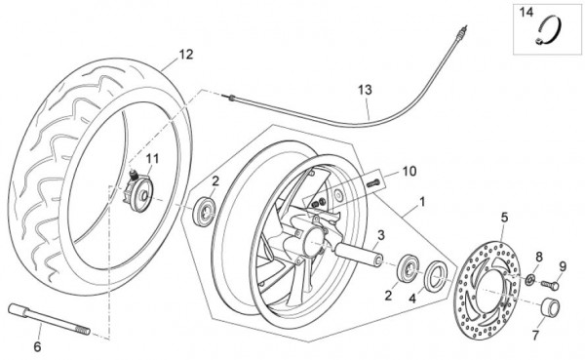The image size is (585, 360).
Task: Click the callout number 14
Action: click(526, 13)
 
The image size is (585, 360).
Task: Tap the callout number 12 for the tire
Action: click(186, 55)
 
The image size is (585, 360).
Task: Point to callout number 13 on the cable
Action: click(365, 90)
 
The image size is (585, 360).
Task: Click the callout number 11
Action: click(152, 159)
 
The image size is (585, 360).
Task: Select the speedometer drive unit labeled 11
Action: click(137, 191)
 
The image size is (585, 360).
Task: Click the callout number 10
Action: click(409, 172)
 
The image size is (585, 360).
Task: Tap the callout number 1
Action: click(422, 202)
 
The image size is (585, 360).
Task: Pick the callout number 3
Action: click(380, 235)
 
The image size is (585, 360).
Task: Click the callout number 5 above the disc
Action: click(504, 217)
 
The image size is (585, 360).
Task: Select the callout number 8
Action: click(539, 257)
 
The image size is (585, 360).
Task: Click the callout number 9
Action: click(563, 266)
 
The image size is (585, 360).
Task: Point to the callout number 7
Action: click(535, 336)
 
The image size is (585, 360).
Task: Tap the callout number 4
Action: click(411, 299)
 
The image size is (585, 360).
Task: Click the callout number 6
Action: click(37, 346)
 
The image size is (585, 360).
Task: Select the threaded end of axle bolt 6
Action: click(83, 330)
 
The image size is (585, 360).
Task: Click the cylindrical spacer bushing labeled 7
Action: click(551, 307)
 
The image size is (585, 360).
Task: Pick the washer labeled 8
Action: click(529, 279)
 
